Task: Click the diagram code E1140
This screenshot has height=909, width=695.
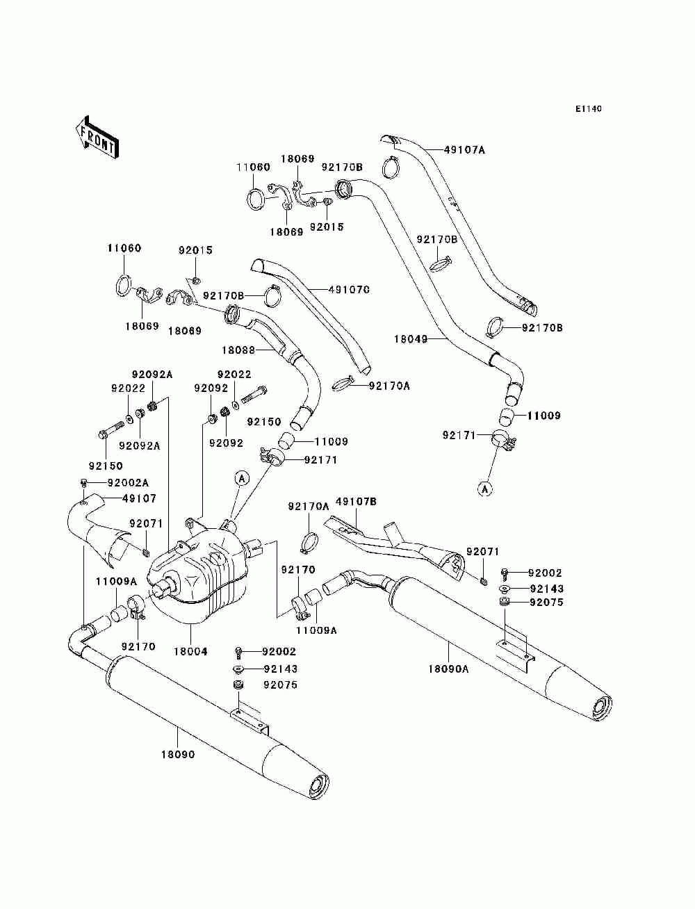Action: click(x=588, y=109)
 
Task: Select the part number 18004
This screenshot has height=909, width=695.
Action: click(x=190, y=651)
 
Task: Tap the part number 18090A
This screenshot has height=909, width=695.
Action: click(x=448, y=669)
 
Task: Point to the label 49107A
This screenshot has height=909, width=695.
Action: click(x=464, y=149)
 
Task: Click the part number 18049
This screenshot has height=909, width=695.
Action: click(x=411, y=339)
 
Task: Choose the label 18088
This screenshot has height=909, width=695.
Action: click(x=238, y=350)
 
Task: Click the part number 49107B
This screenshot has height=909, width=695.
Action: click(x=356, y=502)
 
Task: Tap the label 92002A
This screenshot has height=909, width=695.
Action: click(x=128, y=482)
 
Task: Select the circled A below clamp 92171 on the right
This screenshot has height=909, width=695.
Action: click(x=485, y=489)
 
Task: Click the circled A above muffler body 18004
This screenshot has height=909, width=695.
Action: click(x=243, y=479)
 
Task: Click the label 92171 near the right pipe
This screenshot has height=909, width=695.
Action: click(x=459, y=435)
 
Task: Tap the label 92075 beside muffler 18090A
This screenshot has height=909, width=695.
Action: click(x=546, y=602)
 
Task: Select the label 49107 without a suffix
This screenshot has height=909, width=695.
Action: click(x=139, y=498)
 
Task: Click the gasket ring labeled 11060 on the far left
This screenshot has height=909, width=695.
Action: click(x=122, y=285)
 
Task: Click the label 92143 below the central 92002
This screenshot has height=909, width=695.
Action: click(x=280, y=669)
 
